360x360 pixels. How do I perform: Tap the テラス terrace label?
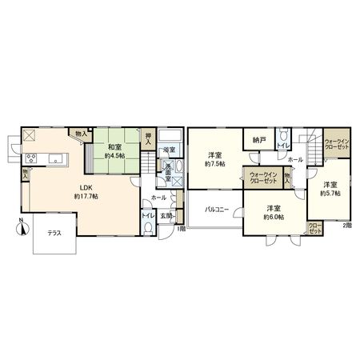[54, 233]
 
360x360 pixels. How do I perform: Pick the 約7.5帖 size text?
[214, 163]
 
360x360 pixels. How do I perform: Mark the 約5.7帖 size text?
[330, 193]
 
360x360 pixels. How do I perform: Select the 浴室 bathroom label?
[169, 150]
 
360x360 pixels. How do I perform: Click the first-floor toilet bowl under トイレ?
[147, 226]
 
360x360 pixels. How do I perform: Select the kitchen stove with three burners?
[32, 155]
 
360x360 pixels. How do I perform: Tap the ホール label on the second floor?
[295, 159]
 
